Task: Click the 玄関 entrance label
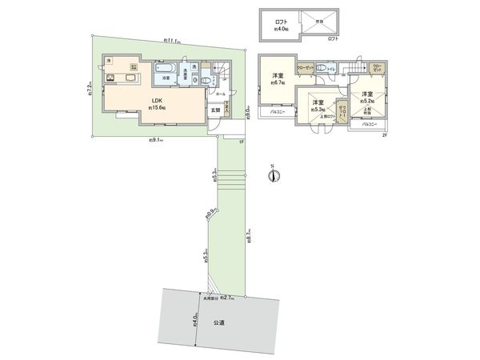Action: pyautogui.click(x=215, y=110)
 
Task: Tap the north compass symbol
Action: pyautogui.click(x=273, y=175)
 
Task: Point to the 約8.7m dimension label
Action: pyautogui.click(x=251, y=238)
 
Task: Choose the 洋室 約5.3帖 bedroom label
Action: pyautogui.click(x=317, y=106)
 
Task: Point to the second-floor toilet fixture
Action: pyautogui.click(x=322, y=69)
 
